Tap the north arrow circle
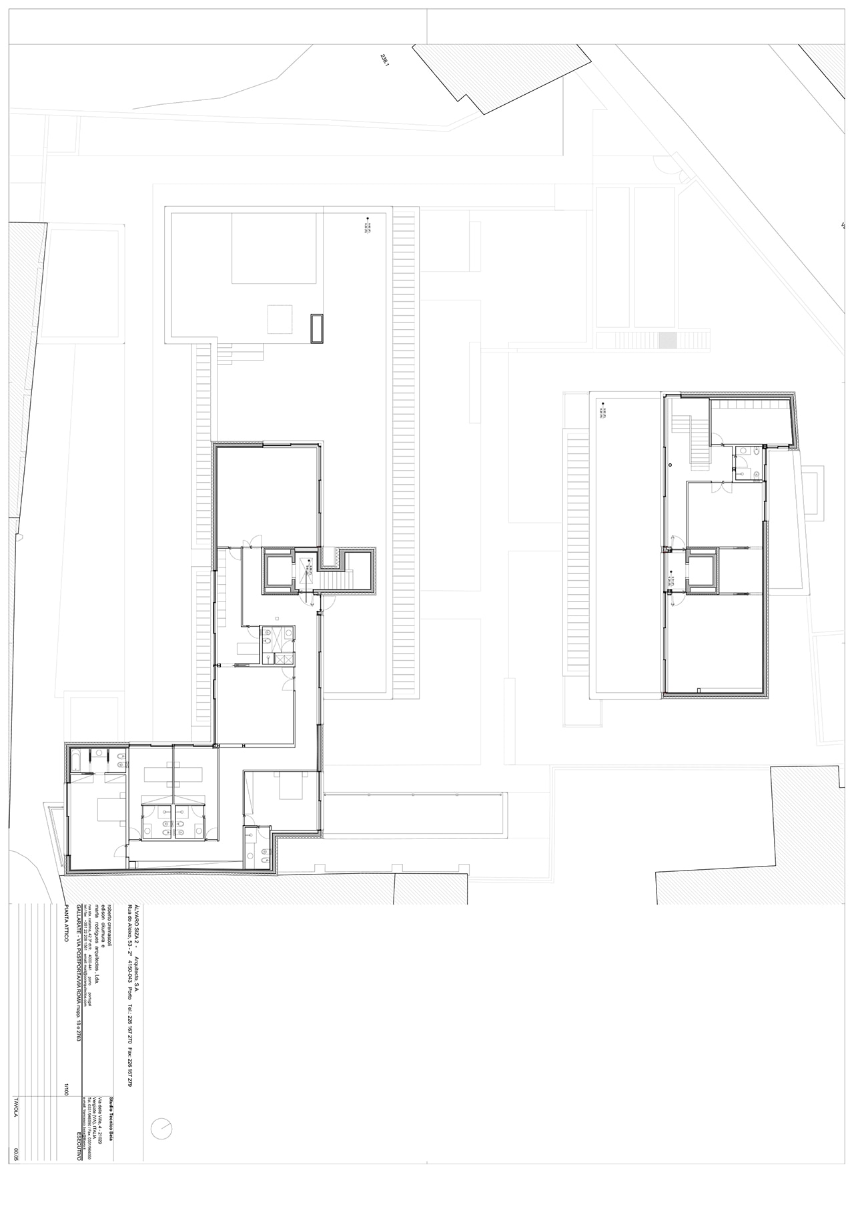[x=161, y=1128]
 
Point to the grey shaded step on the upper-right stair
[x=667, y=340]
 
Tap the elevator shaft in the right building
[x=703, y=570]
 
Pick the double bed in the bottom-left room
[x=109, y=810]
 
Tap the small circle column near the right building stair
[x=669, y=463]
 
